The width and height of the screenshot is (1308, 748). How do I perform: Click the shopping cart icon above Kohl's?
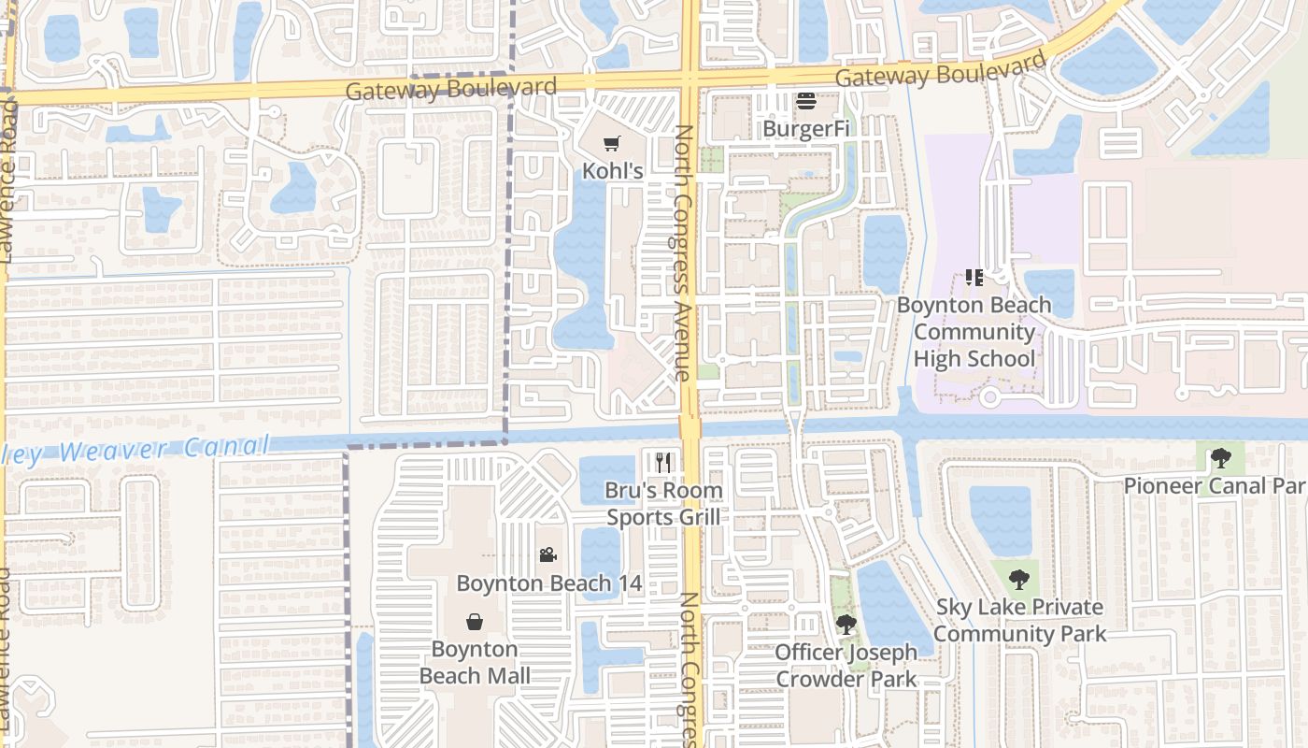[612, 144]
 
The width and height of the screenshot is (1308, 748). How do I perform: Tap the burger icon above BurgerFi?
[806, 101]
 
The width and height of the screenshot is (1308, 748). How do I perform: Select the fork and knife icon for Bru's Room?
[663, 462]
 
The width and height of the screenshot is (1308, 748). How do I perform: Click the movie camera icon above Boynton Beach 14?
[547, 555]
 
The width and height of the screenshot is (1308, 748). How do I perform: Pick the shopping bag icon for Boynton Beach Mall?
[475, 622]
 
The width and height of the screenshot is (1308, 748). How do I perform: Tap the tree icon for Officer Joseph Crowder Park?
[846, 624]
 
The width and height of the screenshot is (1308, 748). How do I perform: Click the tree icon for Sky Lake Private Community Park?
[1019, 579]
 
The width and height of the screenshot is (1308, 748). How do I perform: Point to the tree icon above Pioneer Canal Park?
[1220, 458]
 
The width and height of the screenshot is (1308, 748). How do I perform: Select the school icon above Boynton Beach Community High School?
[974, 278]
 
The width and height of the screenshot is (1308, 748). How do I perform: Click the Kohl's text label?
[613, 171]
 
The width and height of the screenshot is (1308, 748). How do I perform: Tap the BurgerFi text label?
[806, 128]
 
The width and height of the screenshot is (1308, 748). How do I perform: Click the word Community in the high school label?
[974, 332]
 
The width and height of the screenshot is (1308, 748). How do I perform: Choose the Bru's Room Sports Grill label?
[663, 504]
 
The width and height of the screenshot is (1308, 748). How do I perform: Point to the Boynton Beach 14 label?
[548, 583]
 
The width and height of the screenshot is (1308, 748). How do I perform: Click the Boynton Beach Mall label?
[475, 662]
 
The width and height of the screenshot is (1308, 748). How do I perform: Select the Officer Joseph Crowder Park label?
[846, 666]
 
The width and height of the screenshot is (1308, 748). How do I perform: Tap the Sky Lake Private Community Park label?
[1020, 620]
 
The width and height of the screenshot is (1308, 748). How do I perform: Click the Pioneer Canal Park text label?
[1214, 485]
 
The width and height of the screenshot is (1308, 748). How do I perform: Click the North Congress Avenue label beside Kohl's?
[683, 252]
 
